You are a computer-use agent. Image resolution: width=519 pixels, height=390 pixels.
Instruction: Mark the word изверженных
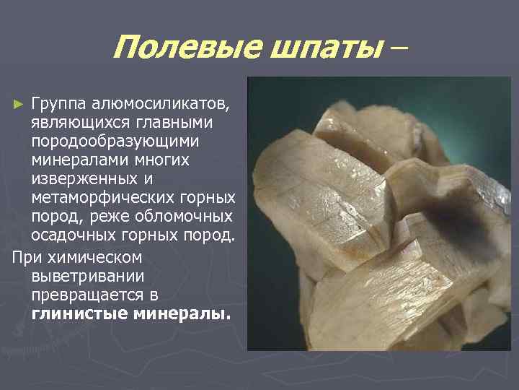click(81, 177)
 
